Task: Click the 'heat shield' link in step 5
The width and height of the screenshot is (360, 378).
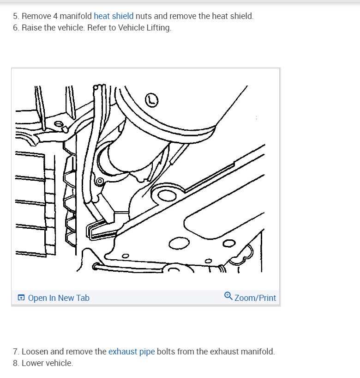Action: (x=114, y=16)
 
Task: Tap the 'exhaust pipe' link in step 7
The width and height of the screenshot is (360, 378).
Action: (x=132, y=352)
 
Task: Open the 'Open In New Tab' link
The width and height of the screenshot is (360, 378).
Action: (x=59, y=298)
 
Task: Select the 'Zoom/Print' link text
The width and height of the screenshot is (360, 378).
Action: (x=255, y=298)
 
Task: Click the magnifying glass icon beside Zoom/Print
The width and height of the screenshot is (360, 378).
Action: (x=228, y=296)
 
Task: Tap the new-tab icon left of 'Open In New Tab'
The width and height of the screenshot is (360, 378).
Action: (x=21, y=298)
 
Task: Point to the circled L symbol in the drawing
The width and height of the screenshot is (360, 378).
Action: (x=152, y=100)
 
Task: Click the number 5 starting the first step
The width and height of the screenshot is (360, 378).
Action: (x=16, y=16)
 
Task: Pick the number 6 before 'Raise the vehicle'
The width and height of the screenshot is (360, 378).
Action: (x=16, y=28)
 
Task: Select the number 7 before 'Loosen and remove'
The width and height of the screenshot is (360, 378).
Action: (x=16, y=352)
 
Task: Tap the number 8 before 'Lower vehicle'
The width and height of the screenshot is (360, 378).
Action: (x=16, y=363)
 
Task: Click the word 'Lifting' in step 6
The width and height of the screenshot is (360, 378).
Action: (x=159, y=28)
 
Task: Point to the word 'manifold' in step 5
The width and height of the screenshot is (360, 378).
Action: (x=76, y=16)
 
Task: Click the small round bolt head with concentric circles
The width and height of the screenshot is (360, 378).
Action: (x=100, y=181)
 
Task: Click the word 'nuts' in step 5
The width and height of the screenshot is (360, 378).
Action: (x=144, y=16)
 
